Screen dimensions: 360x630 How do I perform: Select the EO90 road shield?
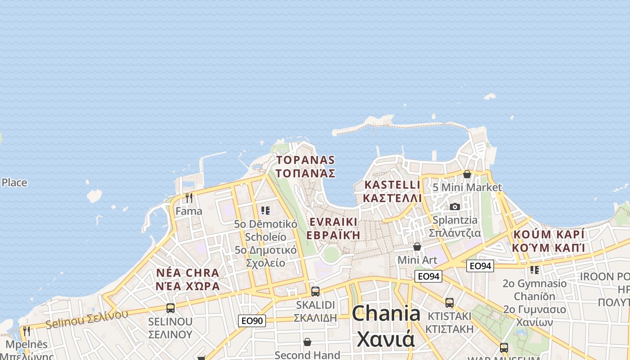252,321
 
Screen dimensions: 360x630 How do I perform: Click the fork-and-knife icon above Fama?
189,198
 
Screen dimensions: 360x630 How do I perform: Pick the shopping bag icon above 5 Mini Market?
467,174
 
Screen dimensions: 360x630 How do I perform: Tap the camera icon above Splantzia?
455,207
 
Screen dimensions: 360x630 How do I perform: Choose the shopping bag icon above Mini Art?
417,247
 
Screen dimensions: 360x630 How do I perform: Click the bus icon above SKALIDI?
315,291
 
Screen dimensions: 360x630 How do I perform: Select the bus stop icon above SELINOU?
171,308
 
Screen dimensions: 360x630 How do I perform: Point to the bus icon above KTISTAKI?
449,302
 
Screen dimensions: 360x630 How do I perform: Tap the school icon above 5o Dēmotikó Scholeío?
265,210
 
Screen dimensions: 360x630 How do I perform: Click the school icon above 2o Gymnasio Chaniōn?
535,270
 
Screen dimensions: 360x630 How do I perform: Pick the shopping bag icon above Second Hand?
307,342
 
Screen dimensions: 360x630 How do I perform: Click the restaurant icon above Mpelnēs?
27,332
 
